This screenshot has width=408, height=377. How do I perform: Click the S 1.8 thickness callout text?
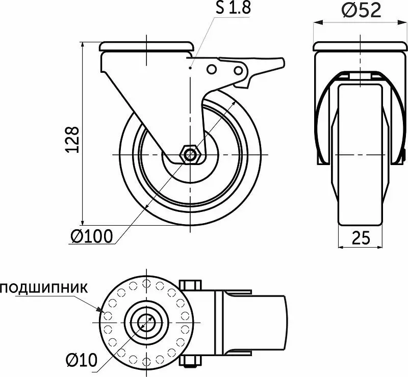pos(233,8)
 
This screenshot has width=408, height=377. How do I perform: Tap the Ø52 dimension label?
pos(361,11)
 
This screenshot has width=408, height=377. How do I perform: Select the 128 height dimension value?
pos(72,139)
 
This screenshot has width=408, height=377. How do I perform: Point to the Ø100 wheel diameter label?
pos(92,236)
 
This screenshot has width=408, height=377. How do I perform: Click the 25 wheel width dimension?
pos(361,237)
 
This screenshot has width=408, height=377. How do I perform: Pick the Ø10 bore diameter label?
pos(82,360)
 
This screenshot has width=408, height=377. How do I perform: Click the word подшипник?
pos(44,288)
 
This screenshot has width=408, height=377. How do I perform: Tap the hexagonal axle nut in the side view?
pos(190,155)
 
